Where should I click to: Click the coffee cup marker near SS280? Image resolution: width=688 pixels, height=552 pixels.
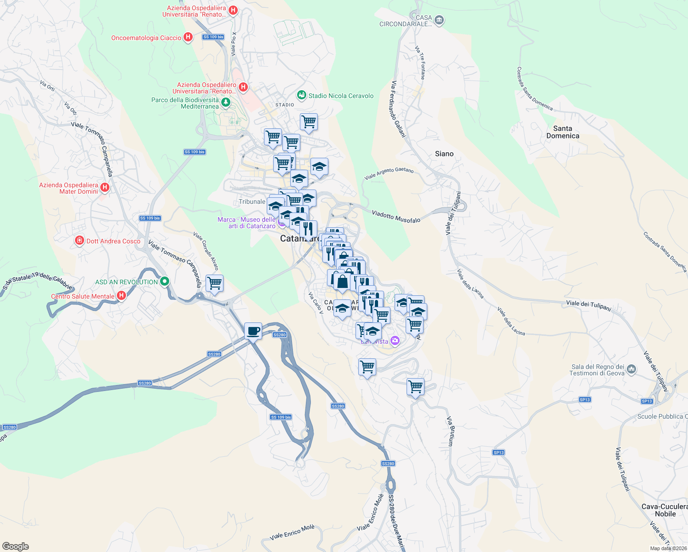coord(253,331)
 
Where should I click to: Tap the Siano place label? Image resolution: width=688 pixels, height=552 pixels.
coord(444,154)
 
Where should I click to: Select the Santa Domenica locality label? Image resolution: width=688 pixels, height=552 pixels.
coord(562,132)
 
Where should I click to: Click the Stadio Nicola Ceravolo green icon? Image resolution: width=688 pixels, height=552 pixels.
coord(301,95)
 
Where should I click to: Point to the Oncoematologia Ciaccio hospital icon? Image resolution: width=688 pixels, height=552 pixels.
coord(188,37)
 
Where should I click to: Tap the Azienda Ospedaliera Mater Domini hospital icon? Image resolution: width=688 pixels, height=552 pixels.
coord(105,187)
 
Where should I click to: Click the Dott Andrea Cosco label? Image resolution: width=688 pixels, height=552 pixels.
coord(113,241)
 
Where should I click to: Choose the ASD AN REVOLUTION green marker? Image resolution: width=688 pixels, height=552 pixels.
coord(165,282)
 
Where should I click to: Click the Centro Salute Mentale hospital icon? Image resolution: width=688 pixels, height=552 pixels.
coord(121,295)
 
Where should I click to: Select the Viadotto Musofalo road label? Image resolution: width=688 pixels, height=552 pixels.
coord(396,217)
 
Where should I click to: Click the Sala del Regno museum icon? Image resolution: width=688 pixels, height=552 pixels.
coord(631,369)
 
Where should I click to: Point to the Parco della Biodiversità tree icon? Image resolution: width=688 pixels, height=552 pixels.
coord(226,102)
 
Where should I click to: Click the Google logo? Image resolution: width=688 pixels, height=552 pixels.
coord(16,546)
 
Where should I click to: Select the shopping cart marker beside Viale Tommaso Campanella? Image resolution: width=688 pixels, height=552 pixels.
coord(214,283)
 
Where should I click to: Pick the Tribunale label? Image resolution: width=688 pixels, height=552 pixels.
coord(252,201)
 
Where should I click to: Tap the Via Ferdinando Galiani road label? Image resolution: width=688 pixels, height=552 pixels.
coord(398,109)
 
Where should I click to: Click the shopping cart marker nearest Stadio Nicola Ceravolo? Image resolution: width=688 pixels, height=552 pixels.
coord(309,122)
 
